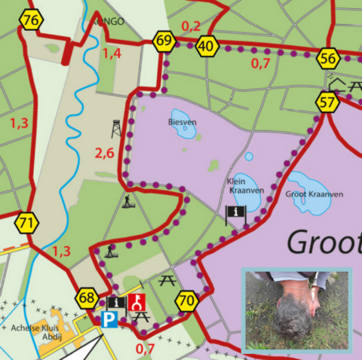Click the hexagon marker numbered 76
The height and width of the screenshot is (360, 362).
(x=31, y=21)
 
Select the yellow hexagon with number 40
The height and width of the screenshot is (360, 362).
(x=207, y=47)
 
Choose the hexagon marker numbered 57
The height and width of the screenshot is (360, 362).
(x=327, y=102)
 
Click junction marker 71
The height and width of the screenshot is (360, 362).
(x=27, y=223)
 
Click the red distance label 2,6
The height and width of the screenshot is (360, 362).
(x=104, y=154)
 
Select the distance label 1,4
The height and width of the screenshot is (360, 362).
(x=112, y=53)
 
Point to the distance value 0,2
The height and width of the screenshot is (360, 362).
(x=192, y=26)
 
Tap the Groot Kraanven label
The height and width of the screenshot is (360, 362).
(x=314, y=194)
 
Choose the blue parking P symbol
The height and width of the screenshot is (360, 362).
(x=110, y=319)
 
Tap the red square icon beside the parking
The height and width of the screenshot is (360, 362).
(x=137, y=303)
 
